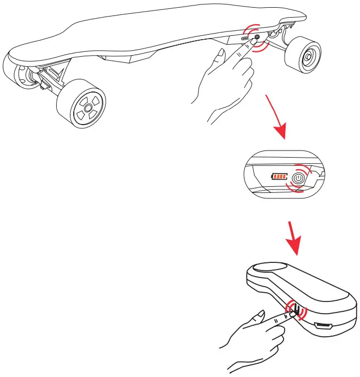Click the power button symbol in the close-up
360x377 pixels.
tap(298, 178)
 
